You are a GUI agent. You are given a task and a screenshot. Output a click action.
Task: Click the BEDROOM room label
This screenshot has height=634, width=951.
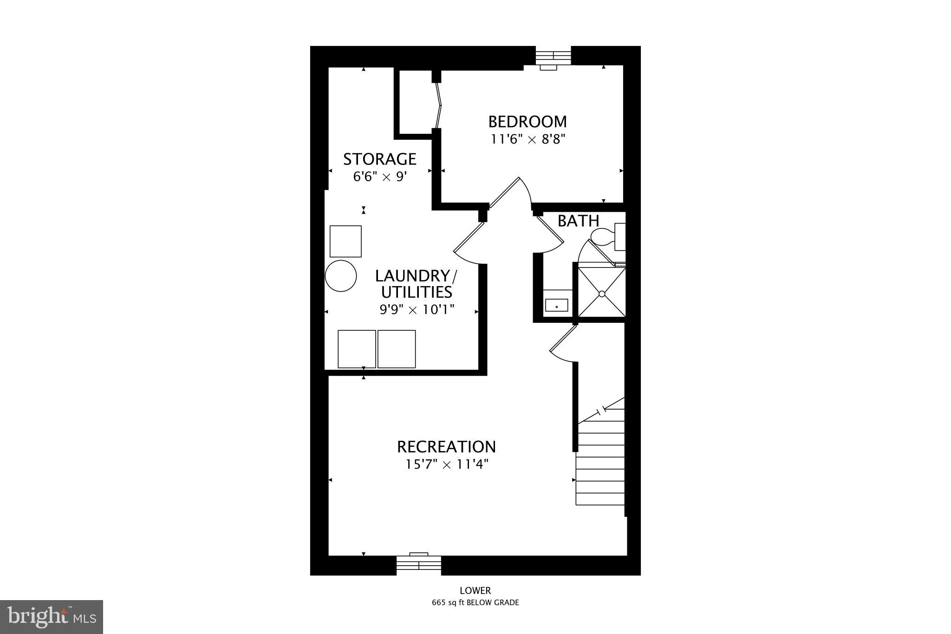coord(527,122)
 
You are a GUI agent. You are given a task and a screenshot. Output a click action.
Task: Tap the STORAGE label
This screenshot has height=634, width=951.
coord(379,159)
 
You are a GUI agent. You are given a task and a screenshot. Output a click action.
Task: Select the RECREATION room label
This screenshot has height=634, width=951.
coord(446,447)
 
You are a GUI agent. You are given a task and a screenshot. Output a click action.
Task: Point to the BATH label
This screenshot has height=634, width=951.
coord(578,221)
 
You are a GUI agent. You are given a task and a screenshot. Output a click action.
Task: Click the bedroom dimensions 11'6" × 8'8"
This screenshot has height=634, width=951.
coord(528,139)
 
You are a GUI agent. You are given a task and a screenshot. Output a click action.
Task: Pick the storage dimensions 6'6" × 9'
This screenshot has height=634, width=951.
coord(380,177)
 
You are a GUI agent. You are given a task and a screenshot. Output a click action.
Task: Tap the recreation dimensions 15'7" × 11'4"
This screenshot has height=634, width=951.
coord(447,464)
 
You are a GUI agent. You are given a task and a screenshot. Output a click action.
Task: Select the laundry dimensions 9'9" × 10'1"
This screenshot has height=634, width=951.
coord(417,309)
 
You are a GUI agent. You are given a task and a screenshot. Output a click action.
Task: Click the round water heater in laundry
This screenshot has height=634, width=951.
coord(341,276)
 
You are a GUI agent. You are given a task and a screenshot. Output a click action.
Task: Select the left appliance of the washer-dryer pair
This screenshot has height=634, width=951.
coord(357,349)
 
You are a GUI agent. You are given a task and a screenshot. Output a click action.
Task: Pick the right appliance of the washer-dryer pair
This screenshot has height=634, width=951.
coord(397,349)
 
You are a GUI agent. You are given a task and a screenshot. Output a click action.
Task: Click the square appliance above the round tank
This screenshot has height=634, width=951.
coord(345,241)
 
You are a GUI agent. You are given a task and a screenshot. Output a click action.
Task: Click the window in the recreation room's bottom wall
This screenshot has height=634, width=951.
coord(418,564)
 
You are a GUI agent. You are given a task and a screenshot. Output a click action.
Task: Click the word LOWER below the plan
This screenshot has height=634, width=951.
coord(475,591)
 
